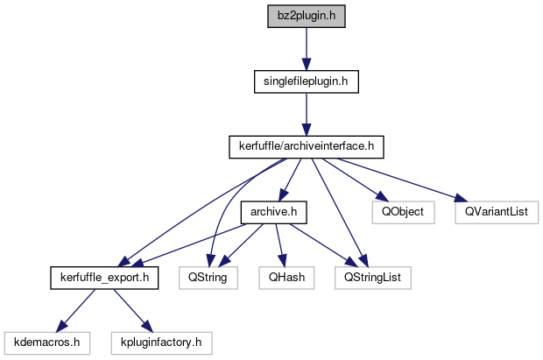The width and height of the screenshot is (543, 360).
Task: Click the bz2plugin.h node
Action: [x=306, y=17]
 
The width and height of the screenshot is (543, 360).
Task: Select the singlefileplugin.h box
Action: [x=306, y=81]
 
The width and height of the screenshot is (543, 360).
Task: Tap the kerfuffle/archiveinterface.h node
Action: [x=306, y=146]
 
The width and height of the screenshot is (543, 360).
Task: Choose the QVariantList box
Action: [x=497, y=212]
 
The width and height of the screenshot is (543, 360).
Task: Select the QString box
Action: [x=203, y=278]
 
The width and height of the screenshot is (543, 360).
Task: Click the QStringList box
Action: [x=372, y=278]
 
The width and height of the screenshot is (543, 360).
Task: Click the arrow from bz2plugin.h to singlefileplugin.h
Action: [x=306, y=49]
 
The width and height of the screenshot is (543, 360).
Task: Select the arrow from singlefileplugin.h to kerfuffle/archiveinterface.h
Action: [x=306, y=114]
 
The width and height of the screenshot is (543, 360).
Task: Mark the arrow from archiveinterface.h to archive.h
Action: [x=288, y=180]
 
